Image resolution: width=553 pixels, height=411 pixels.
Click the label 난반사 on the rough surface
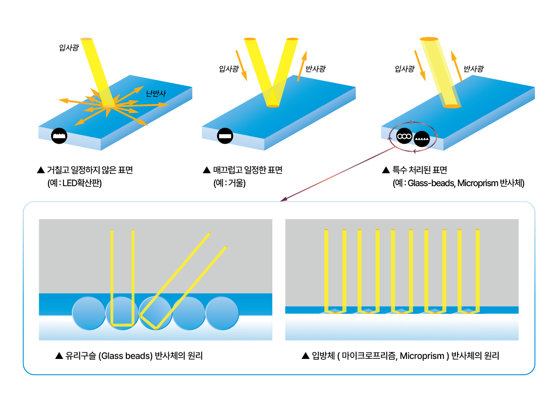click(156, 93)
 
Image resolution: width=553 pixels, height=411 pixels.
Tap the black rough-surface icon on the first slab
click(59, 135)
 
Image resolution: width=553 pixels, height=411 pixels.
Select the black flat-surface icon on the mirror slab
click(225, 136)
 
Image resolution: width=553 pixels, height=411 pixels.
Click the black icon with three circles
click(404, 137)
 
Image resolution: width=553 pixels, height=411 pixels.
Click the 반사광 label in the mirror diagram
click(316, 69)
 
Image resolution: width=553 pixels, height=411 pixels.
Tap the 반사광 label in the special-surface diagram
click(473, 69)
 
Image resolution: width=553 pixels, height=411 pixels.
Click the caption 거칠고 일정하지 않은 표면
click(90, 170)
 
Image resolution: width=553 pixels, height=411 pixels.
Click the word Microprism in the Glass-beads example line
click(477, 183)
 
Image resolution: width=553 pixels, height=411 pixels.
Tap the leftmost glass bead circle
click(89, 313)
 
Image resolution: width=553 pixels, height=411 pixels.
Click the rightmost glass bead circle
click(222, 313)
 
